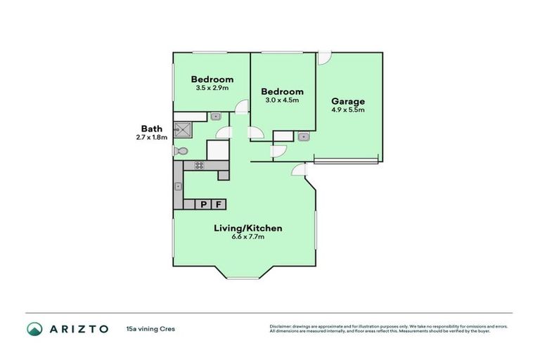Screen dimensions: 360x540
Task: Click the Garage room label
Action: [348, 101]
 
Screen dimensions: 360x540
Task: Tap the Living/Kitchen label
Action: [248, 228]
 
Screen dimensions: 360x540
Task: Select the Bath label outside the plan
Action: [152, 129]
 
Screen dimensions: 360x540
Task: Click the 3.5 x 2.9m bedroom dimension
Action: [212, 88]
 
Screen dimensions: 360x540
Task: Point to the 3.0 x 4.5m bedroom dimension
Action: [282, 101]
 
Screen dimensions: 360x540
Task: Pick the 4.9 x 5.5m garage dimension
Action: [348, 110]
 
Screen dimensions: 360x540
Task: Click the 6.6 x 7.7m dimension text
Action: [248, 237]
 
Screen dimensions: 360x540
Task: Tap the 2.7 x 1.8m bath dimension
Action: [152, 138]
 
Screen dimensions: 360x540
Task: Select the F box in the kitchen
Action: [219, 205]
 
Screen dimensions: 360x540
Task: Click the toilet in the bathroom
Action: [181, 151]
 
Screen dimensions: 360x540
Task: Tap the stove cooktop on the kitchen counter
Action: [200, 166]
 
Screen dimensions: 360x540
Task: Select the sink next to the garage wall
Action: [303, 136]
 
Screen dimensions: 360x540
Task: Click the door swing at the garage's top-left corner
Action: [324, 58]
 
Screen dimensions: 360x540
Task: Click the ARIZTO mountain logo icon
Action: [35, 328]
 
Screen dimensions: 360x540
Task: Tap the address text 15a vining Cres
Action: [150, 328]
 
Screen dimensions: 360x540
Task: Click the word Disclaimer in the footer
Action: [281, 326]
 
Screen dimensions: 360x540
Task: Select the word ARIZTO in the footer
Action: [78, 328]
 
